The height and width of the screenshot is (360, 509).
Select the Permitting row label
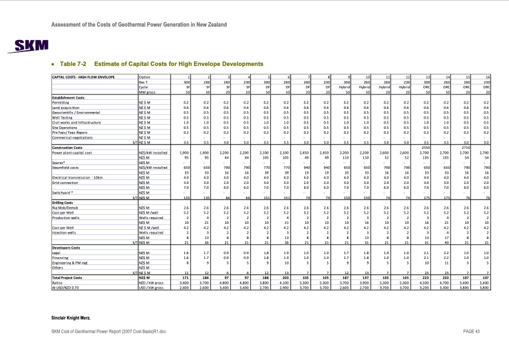coord(60,103)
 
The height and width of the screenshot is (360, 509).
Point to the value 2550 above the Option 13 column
coord(426,147)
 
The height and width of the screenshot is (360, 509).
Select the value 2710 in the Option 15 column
coord(465,147)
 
